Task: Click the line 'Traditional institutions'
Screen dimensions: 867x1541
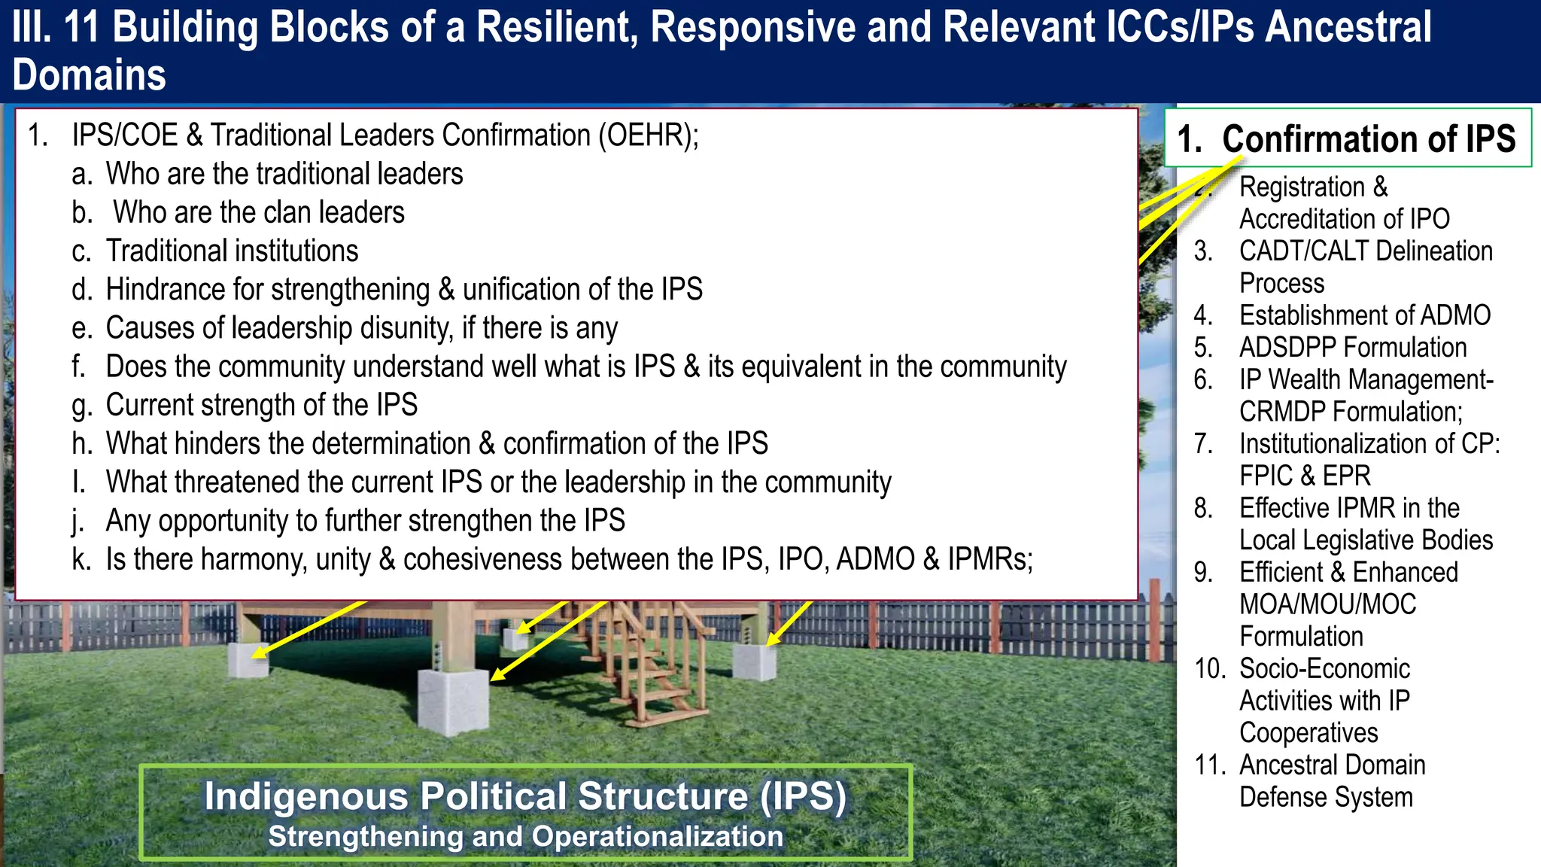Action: [232, 251]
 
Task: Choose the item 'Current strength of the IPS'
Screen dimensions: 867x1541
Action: [261, 406]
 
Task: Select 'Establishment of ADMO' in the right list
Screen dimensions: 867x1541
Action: [1364, 315]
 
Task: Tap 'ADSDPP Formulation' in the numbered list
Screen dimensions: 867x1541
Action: [1352, 348]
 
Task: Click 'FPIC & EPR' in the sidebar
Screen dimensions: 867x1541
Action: [1305, 476]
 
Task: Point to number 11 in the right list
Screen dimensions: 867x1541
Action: [1210, 765]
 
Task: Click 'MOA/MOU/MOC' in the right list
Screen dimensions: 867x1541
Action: [1327, 604]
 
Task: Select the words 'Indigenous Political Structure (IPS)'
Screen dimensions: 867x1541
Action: [525, 796]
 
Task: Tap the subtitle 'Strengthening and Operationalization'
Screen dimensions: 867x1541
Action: [525, 837]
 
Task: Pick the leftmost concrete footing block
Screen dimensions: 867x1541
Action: [248, 660]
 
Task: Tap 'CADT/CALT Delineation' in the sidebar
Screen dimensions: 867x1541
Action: [1365, 251]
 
